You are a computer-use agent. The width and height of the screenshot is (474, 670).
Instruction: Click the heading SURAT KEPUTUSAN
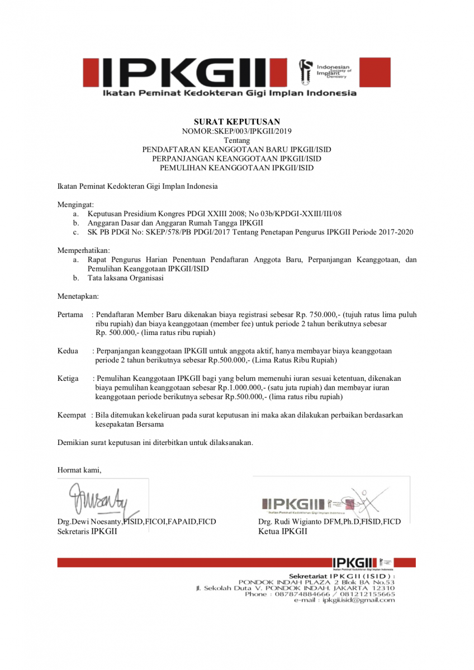(236, 121)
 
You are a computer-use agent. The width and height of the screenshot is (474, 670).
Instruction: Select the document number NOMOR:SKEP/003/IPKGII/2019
(236, 131)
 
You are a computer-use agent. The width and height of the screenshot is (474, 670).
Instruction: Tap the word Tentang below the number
(236, 140)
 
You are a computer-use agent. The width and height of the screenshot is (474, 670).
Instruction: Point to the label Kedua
(68, 351)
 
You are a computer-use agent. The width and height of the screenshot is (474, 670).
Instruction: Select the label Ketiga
(68, 379)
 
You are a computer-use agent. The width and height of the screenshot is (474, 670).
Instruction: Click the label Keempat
(72, 415)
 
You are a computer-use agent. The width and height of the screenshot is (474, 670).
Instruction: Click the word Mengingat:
(76, 204)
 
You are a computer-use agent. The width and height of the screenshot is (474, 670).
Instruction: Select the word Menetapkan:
(78, 296)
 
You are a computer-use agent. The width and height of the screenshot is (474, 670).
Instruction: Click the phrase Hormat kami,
(79, 470)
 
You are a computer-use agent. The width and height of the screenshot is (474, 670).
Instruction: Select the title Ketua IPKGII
(282, 532)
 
